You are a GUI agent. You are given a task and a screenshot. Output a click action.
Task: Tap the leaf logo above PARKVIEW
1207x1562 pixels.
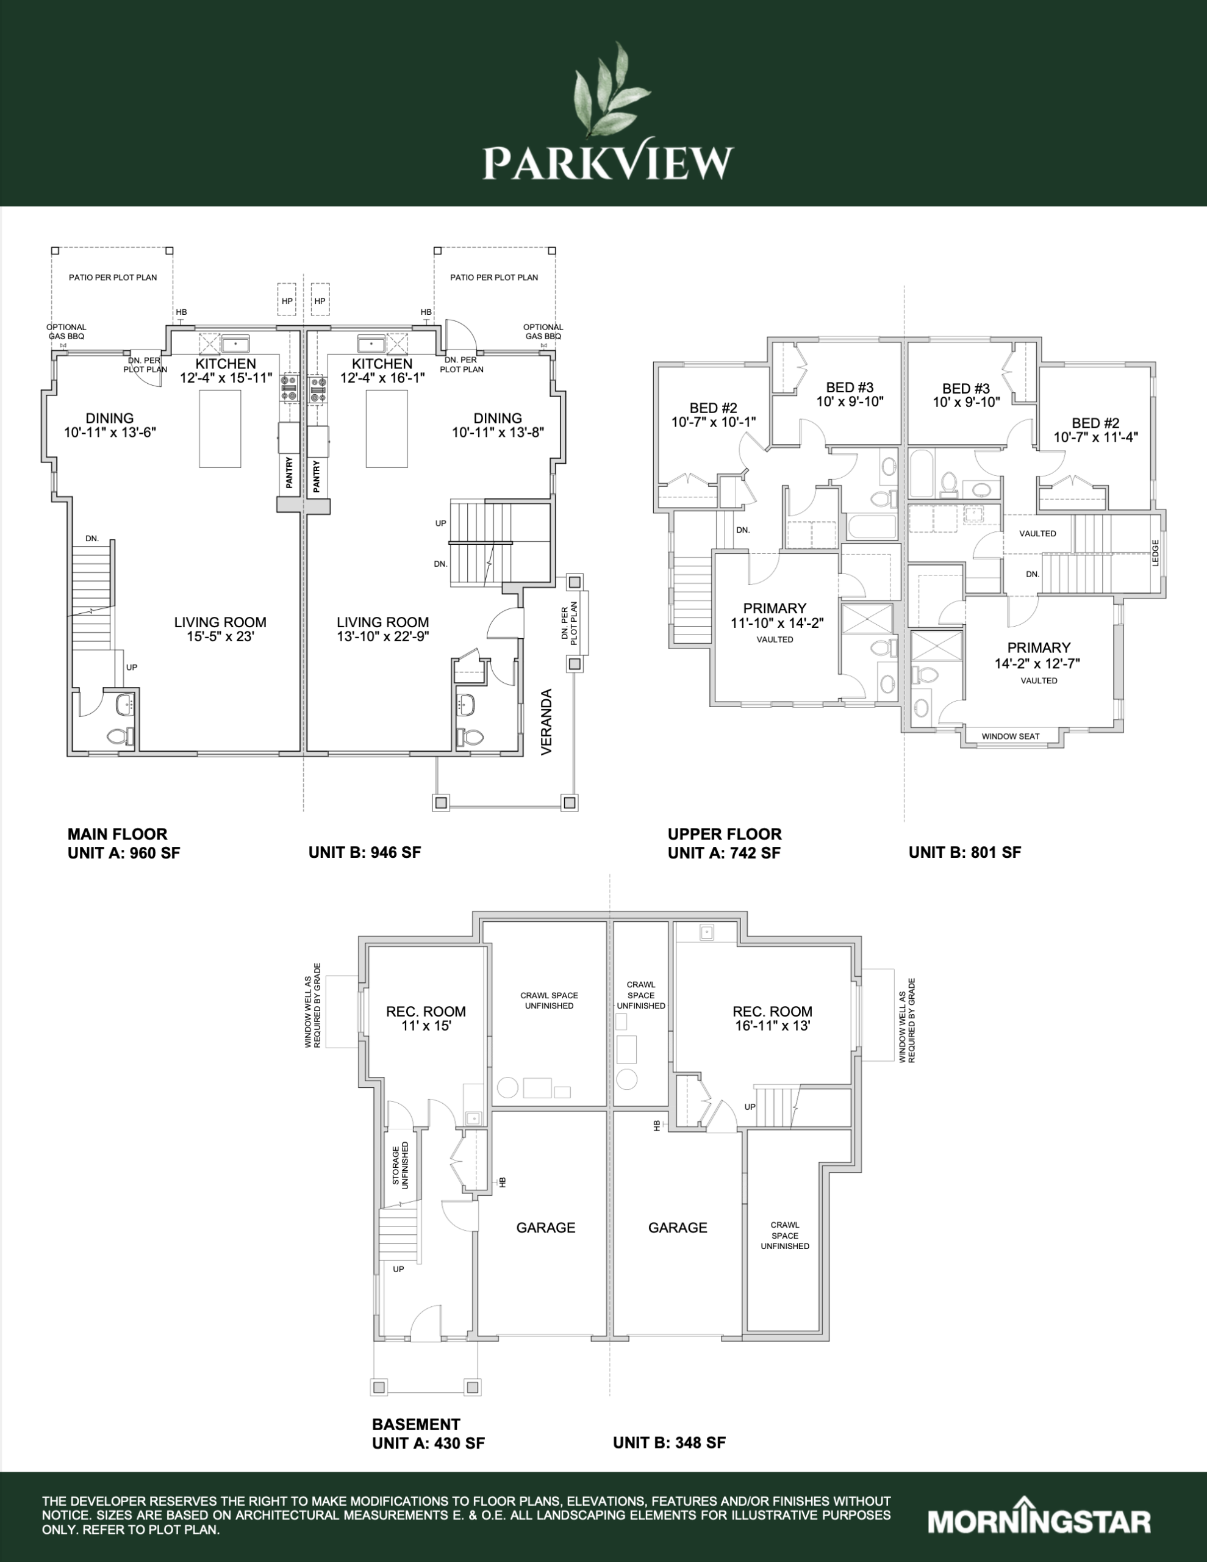coord(611,90)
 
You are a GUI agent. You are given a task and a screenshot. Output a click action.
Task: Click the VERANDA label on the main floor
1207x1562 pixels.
coord(547,722)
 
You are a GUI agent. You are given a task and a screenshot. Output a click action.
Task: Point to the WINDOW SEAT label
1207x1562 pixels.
coord(1011,736)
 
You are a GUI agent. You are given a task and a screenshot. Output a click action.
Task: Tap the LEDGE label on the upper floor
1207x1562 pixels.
coord(1156,552)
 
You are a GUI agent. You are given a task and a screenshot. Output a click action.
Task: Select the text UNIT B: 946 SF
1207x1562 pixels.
coord(365,852)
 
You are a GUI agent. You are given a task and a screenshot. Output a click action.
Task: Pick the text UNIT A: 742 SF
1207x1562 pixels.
coord(723,852)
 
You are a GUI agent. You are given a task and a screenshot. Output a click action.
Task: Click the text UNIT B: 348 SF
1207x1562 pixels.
coord(669,1442)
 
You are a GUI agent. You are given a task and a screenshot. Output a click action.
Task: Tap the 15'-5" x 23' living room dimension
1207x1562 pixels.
coord(220,636)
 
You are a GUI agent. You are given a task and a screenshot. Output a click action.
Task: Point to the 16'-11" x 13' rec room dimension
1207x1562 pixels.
coord(772,1026)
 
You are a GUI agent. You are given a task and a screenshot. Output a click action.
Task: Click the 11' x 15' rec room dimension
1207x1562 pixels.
coord(426,1026)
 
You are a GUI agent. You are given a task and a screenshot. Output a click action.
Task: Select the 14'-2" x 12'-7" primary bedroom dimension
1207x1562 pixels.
coord(1037,663)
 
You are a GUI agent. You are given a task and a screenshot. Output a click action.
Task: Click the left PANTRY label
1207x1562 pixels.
coord(289,473)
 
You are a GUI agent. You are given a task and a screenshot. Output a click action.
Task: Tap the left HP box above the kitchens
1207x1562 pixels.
coord(287,301)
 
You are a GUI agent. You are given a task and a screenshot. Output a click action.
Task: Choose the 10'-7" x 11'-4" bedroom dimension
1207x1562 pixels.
coord(1095,436)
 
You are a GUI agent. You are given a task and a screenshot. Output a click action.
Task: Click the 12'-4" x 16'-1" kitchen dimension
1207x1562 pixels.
coord(382,378)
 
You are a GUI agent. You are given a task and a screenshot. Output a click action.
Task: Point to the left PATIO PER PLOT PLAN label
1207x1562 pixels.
coord(113,278)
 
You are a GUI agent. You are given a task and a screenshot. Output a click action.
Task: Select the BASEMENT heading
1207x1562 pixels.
coord(416,1424)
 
